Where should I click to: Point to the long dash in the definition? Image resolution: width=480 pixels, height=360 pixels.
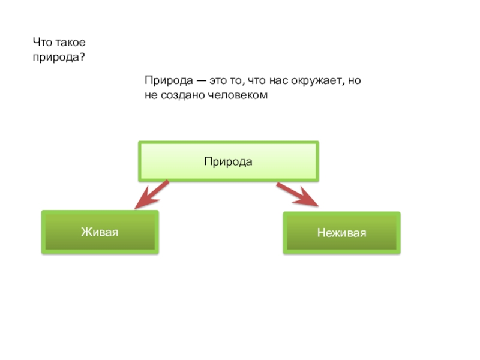195,81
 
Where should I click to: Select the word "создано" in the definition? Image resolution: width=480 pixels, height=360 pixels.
179,95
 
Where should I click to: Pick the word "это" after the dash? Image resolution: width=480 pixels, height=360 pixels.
213,81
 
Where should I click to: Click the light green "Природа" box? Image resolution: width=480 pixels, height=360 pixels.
228,161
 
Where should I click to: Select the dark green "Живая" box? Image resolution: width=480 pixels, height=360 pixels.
100,232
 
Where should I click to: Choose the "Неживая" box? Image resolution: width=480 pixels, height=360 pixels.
341,233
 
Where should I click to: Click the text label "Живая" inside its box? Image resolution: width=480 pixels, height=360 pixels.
100,232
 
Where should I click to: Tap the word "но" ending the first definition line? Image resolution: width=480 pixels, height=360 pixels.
355,81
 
